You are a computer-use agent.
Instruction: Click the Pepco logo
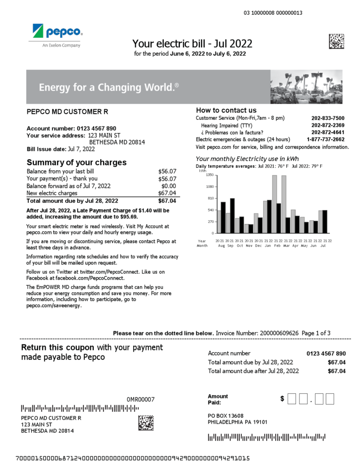pos(57,33)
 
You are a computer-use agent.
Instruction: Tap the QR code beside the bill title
pos(336,41)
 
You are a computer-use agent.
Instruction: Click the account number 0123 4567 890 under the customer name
pos(96,128)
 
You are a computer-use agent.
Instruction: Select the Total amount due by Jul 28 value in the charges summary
pos(167,201)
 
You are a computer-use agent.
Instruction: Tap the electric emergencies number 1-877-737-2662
pos(325,139)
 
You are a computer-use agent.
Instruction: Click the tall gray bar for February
pos(275,204)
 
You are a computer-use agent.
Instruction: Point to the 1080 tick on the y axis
pos(210,187)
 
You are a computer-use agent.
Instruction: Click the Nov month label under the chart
pos(248,245)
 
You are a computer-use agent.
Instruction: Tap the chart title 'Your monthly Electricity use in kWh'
pos(247,159)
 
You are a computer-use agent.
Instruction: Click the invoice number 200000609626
pos(279,333)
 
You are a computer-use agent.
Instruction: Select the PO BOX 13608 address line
pos(225,415)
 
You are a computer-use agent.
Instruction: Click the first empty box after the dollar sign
pos(292,399)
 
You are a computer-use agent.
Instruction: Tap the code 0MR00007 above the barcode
pos(140,400)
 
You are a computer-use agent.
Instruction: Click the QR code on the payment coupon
pos(146,422)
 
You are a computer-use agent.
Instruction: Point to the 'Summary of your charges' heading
pos(76,162)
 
